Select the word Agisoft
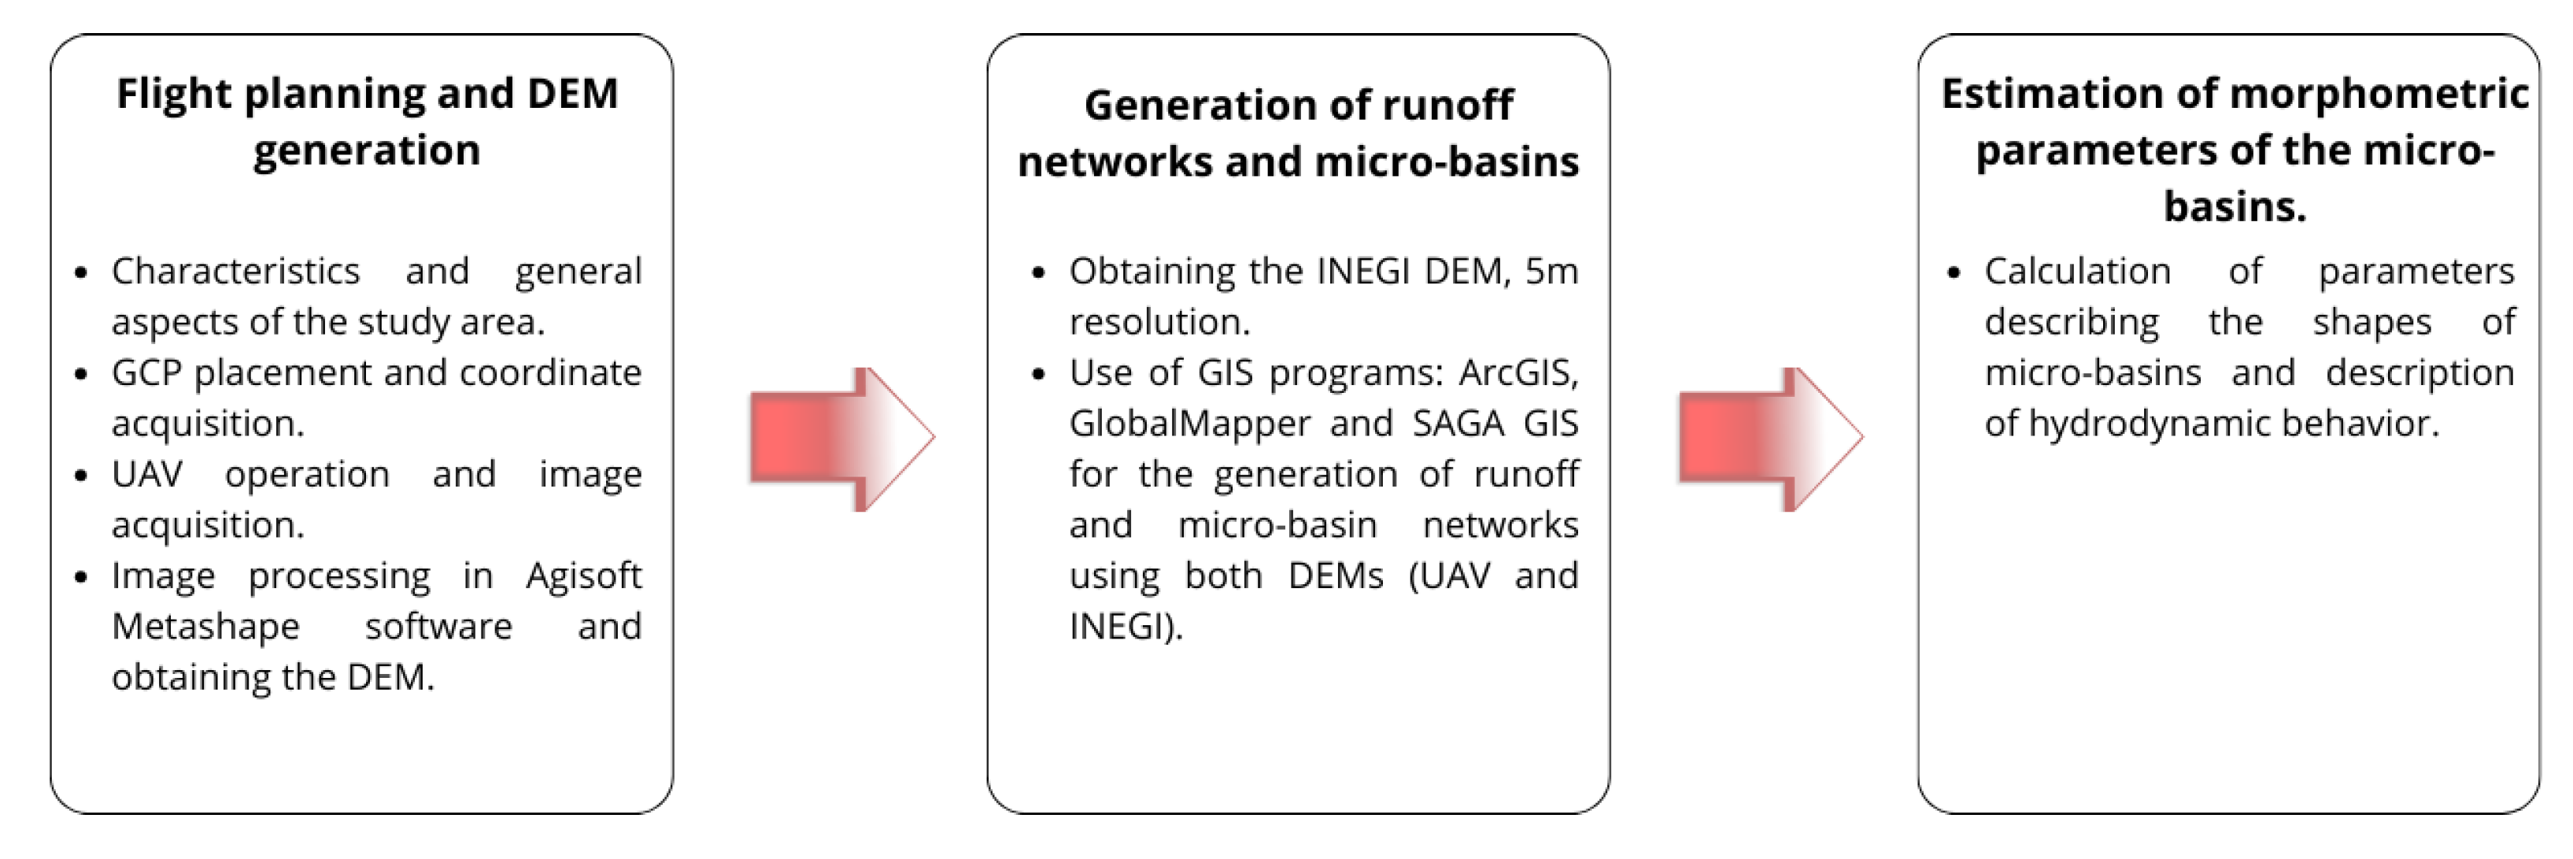click(x=583, y=576)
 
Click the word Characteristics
click(x=235, y=271)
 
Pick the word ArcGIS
click(x=1518, y=372)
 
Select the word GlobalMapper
click(x=1189, y=424)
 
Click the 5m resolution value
click(x=1551, y=271)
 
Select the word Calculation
click(x=2078, y=271)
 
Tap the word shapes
click(x=2372, y=321)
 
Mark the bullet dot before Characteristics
click(x=82, y=272)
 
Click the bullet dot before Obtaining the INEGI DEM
click(x=1039, y=272)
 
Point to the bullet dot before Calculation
click(x=1954, y=272)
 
